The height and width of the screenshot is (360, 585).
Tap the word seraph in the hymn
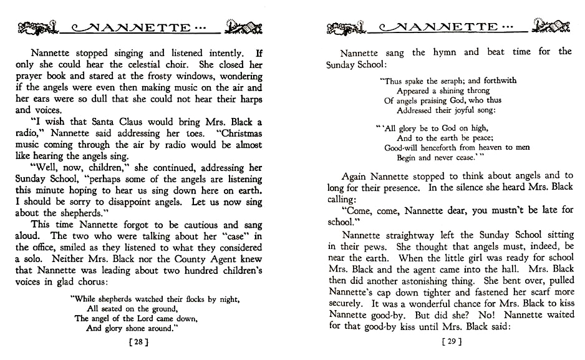point(446,80)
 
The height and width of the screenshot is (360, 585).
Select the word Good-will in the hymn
point(402,148)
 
